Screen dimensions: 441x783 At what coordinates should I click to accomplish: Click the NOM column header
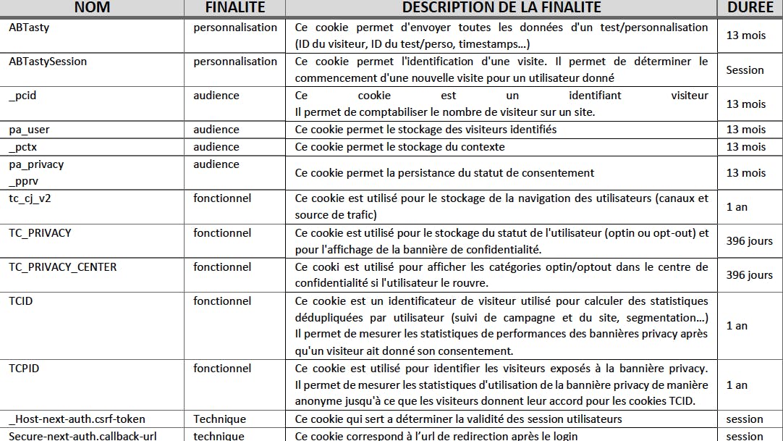coord(92,8)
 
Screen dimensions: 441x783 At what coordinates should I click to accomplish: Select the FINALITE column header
coord(235,8)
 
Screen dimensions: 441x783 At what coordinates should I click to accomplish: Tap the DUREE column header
coord(750,8)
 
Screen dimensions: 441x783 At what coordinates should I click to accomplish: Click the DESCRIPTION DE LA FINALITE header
coord(501,8)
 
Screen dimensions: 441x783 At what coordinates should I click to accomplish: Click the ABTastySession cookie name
coord(48,62)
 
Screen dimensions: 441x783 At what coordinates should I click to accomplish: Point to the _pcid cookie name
coord(22,96)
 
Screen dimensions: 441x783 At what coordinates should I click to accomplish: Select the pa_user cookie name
coord(29,130)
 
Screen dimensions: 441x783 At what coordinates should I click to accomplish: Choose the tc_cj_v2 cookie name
coord(30,198)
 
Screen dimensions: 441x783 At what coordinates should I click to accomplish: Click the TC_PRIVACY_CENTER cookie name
coord(62,267)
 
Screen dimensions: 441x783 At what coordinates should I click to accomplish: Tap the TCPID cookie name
coord(24,369)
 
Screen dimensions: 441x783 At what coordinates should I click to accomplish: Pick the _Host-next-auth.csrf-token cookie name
coord(77,419)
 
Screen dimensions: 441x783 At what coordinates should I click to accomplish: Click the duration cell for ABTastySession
coord(745,70)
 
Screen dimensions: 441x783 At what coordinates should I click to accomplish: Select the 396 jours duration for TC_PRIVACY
coord(749,241)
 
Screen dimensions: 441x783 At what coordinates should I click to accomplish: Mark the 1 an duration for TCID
coord(737,326)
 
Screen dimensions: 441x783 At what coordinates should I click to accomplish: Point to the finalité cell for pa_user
coord(216,130)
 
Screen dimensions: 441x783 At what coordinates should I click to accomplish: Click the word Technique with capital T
coord(219,419)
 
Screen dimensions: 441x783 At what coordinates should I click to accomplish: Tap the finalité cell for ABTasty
coord(234,28)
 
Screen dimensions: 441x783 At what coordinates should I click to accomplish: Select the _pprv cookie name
coord(23,182)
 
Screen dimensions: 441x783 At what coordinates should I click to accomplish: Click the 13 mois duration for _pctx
coord(745,147)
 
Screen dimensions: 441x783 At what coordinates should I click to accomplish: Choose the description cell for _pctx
coord(399,147)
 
